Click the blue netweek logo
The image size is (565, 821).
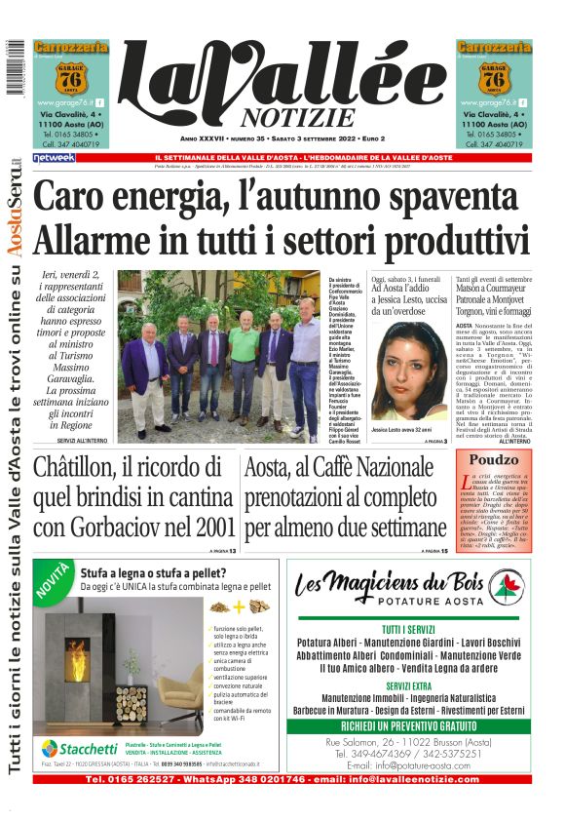tap(54, 157)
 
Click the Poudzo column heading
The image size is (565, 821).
tap(494, 460)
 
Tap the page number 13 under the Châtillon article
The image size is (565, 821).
tap(232, 551)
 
